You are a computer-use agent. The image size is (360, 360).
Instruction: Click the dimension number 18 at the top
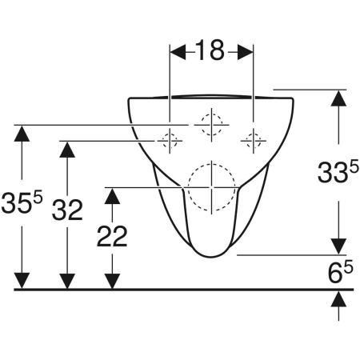pos(210,50)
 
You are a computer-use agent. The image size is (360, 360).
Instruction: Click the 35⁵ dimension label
pos(22,202)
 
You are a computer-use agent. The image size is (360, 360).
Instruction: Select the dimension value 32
pos(67,210)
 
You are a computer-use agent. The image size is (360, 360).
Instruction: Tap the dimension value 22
pos(112,236)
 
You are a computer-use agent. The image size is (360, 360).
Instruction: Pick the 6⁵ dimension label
pos(341,272)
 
